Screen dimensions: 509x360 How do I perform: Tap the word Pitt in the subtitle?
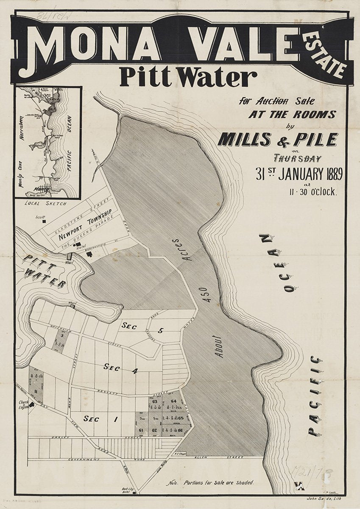point(140,78)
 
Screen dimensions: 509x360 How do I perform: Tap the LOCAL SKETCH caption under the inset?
point(45,204)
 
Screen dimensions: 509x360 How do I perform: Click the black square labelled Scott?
point(44,221)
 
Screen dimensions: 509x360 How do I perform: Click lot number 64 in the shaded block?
point(173,401)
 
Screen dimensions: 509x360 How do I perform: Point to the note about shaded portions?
point(210,483)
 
